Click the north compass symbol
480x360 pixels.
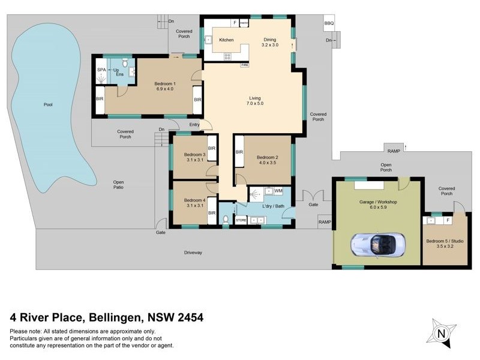442,333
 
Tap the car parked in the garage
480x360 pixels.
376,244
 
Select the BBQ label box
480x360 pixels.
328,23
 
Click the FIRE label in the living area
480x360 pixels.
245,64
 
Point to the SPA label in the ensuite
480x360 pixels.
101,70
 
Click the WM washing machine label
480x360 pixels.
278,191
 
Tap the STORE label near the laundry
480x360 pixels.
241,220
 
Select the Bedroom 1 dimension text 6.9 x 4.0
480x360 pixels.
165,89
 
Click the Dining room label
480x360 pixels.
270,40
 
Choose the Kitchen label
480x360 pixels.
226,40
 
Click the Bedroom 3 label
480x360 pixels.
195,155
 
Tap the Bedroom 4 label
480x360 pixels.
195,200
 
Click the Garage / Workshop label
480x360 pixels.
379,202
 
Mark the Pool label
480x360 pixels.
48,105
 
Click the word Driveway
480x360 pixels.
193,253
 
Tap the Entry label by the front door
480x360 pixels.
194,124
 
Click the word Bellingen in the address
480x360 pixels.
115,317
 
